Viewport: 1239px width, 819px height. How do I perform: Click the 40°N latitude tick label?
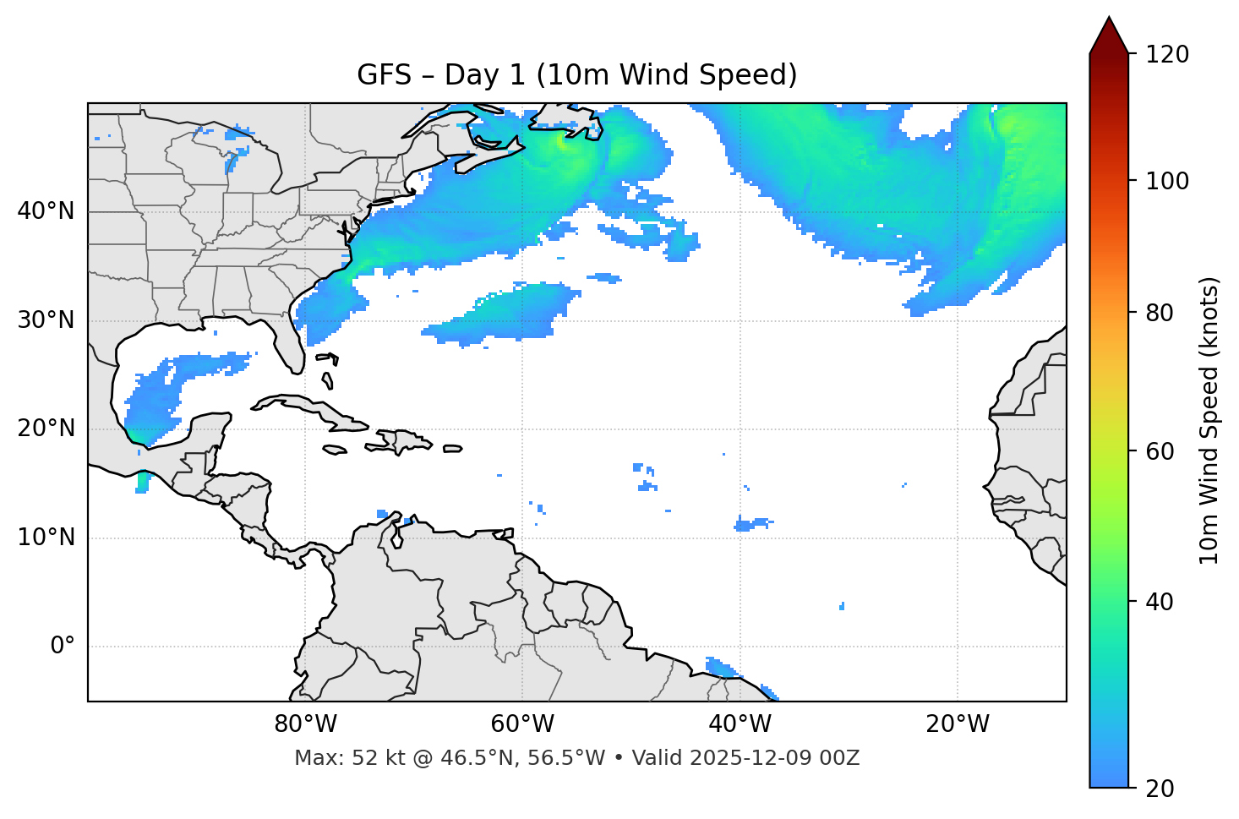click(46, 211)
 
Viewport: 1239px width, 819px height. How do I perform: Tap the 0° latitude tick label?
click(63, 647)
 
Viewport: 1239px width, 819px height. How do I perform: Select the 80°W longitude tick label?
click(305, 724)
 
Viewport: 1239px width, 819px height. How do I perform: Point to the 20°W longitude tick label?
click(958, 724)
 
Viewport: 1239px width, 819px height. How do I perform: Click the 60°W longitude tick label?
click(522, 724)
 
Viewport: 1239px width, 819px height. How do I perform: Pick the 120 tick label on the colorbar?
click(1167, 55)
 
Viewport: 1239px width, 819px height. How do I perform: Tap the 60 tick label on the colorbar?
click(1160, 451)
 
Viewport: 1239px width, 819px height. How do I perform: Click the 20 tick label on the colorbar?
click(1160, 789)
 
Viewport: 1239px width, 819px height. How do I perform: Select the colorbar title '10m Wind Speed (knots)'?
click(1209, 420)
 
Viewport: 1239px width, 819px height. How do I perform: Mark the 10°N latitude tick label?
click(46, 538)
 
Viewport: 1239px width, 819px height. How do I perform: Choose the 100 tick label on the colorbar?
click(1167, 181)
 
